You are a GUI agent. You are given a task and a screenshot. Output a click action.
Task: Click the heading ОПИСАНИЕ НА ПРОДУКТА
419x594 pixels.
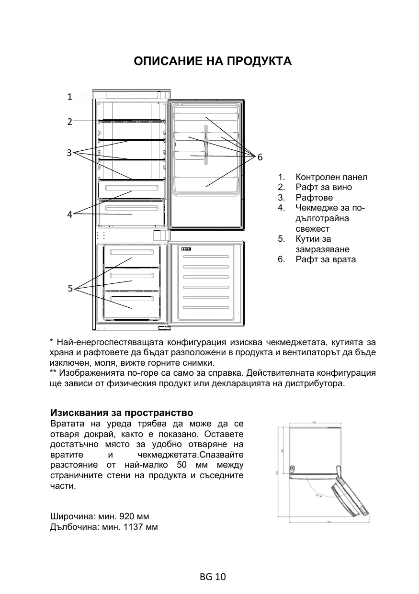coord(213,62)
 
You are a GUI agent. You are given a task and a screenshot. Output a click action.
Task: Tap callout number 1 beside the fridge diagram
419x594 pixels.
coord(69,97)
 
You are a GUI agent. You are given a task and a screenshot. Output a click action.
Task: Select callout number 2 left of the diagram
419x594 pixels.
coord(69,122)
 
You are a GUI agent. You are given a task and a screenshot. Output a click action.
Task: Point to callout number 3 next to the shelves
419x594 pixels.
coord(69,153)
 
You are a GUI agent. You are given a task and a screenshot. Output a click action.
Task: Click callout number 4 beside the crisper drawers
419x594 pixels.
coord(69,214)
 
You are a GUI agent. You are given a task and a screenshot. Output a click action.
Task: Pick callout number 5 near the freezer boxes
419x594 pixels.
coord(70,288)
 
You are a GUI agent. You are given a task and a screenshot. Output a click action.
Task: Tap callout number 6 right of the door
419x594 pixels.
coord(260,157)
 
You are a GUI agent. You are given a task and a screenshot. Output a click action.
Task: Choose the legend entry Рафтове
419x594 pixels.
coord(314,198)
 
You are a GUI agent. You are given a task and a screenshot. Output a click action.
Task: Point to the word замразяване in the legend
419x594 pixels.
coord(322,249)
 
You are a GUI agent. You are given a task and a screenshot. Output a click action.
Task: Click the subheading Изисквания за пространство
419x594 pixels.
coord(122,413)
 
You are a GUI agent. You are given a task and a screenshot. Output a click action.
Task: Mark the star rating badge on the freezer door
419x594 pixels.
coord(187,249)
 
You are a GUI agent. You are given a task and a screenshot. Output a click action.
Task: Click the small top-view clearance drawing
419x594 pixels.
coord(324,471)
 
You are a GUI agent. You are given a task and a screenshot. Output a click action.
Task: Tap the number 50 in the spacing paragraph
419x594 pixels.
coord(181,465)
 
